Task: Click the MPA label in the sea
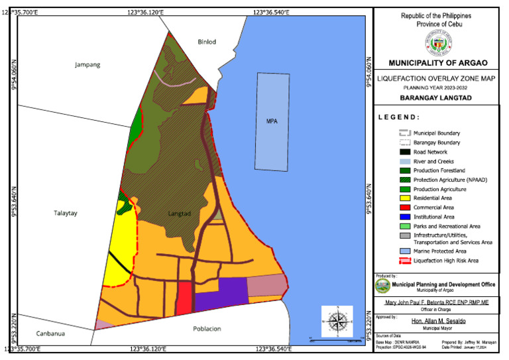[272, 121]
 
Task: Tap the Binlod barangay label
[207, 42]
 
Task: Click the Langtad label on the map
[179, 213]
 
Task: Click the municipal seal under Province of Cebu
[437, 42]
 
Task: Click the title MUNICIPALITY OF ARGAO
[437, 63]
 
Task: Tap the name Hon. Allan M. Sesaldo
[437, 321]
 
